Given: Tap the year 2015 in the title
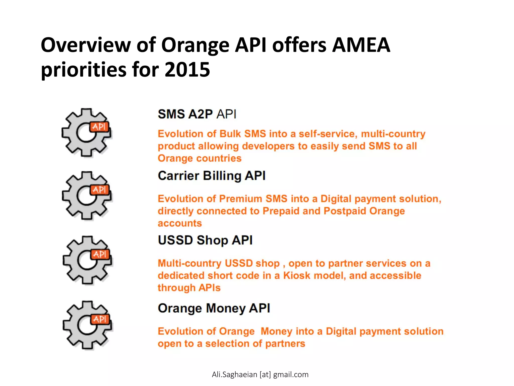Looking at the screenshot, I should [x=187, y=70].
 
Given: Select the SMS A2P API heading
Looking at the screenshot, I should [x=197, y=114].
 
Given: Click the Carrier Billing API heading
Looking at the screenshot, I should [x=212, y=176].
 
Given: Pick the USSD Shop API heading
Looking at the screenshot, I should [x=205, y=240].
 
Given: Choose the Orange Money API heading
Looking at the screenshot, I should [x=214, y=308].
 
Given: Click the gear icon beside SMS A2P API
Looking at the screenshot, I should [x=86, y=133].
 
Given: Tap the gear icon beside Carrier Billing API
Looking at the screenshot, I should [x=87, y=196].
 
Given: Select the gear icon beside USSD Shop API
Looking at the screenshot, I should [x=87, y=260].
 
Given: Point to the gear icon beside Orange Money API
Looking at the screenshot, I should [x=87, y=325].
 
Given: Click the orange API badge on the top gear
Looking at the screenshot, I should [x=99, y=127].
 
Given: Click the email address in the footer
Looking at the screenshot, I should [x=260, y=374].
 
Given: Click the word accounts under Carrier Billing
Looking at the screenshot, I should [x=180, y=223].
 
